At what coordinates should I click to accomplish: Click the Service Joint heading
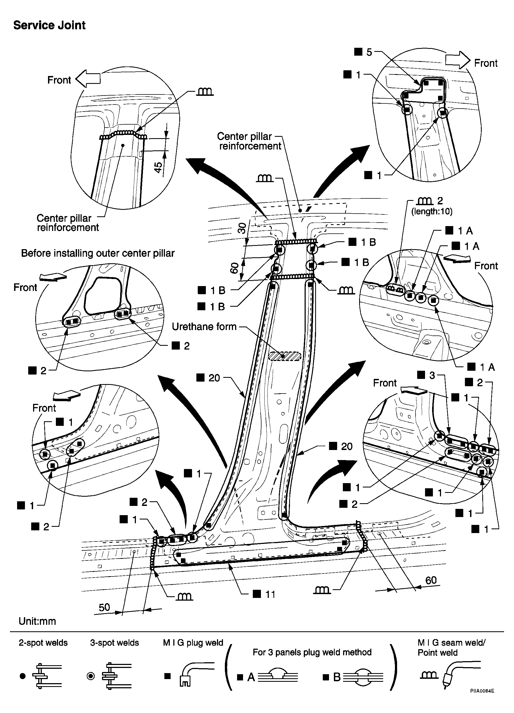click(49, 25)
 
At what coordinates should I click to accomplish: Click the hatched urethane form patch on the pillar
click(285, 356)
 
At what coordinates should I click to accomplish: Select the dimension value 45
click(159, 167)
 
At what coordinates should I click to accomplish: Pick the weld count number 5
click(369, 52)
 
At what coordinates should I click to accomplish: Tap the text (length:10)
click(432, 211)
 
